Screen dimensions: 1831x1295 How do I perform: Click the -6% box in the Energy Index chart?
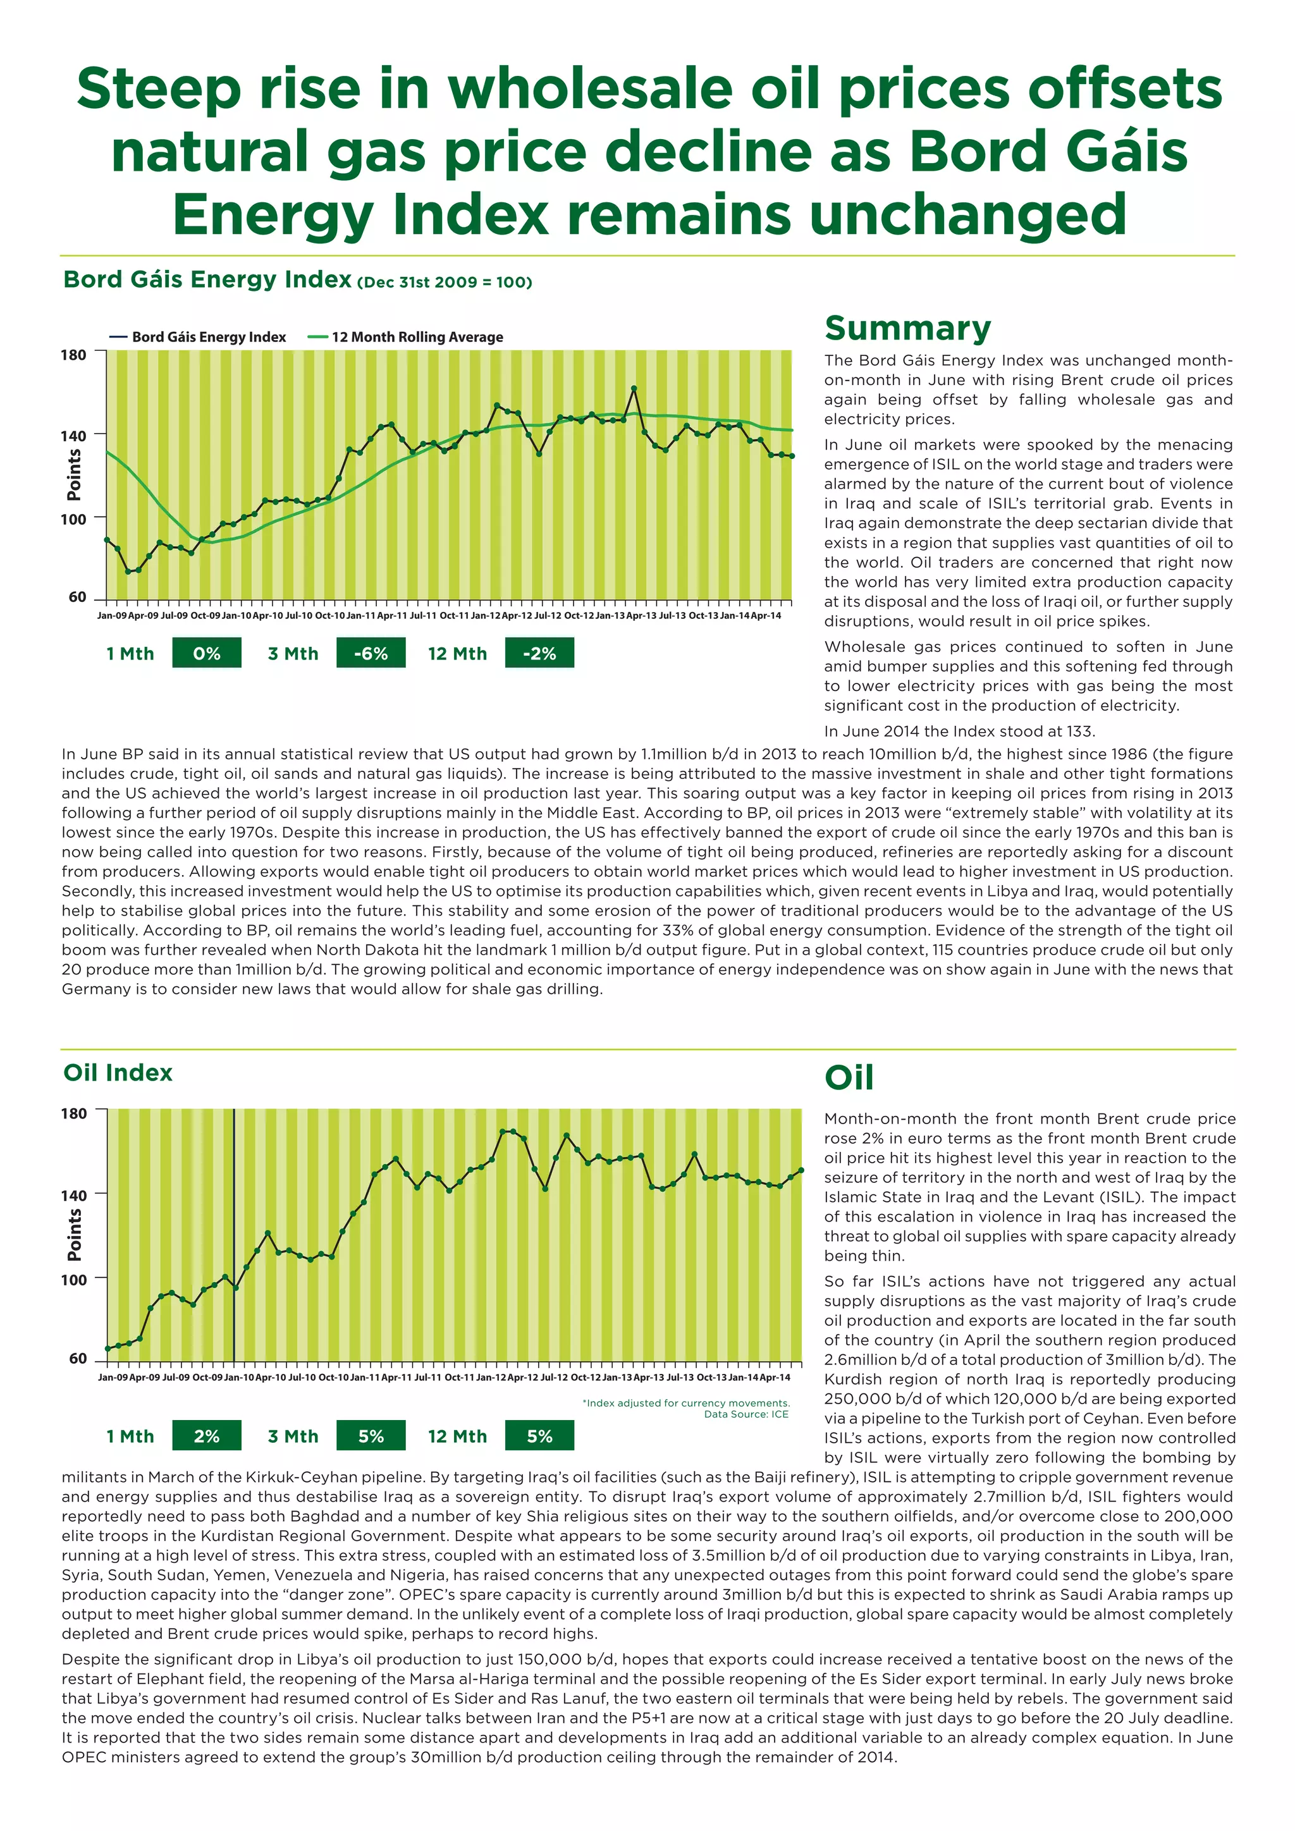[x=371, y=653]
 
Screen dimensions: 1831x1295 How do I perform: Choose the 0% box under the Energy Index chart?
[x=207, y=653]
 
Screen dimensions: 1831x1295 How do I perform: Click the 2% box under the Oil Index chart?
[x=207, y=1436]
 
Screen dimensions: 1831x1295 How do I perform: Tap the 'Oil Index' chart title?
[x=118, y=1072]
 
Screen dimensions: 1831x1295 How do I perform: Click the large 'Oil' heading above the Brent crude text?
[x=849, y=1077]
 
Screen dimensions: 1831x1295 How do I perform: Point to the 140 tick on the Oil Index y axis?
[x=74, y=1194]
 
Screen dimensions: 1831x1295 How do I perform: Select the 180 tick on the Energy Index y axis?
[x=74, y=355]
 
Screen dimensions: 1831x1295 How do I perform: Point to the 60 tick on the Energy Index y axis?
[x=77, y=596]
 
